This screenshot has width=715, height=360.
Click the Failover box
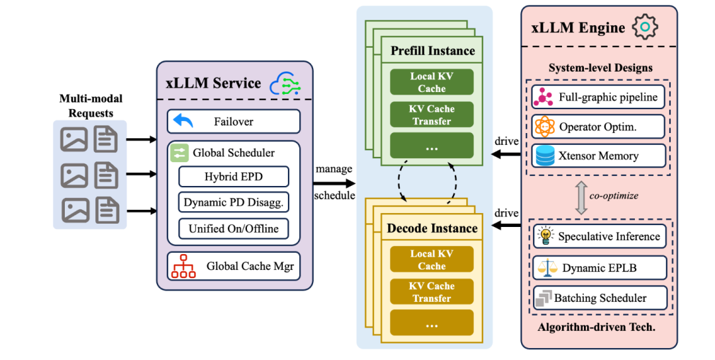[x=234, y=122]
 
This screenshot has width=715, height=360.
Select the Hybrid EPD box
[x=234, y=177]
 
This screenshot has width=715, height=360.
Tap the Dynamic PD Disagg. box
[x=234, y=203]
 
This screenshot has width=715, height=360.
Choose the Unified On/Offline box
[x=234, y=229]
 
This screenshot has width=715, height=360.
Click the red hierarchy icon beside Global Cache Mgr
[x=183, y=266]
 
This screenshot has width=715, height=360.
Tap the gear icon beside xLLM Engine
[x=645, y=27]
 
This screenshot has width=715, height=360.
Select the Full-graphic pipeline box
[x=598, y=97]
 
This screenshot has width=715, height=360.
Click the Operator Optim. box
[x=598, y=126]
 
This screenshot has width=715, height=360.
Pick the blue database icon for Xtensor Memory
[x=544, y=156]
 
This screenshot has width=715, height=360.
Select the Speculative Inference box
[x=598, y=236]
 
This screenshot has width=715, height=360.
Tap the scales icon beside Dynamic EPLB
[x=544, y=267]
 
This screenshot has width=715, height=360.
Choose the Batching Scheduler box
[x=598, y=298]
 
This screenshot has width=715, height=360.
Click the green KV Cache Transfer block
[x=432, y=115]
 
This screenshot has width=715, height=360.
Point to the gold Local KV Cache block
[x=432, y=259]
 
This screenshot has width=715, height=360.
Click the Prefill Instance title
[x=432, y=51]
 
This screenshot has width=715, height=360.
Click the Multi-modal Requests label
[x=91, y=106]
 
